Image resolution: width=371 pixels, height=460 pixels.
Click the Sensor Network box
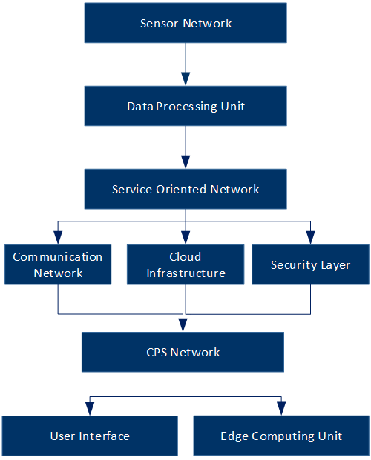pyautogui.click(x=185, y=23)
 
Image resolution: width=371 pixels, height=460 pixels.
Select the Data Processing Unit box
pyautogui.click(x=185, y=106)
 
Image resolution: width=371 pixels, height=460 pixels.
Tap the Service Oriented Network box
pyautogui.click(x=185, y=189)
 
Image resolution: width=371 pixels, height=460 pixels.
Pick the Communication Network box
pyautogui.click(x=58, y=264)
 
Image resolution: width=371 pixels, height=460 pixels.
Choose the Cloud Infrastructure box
pyautogui.click(x=185, y=264)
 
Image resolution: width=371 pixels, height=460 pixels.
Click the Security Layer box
pyautogui.click(x=310, y=264)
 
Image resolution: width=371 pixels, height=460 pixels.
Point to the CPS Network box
pyautogui.click(x=183, y=352)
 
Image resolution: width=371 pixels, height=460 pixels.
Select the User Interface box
pyautogui.click(x=90, y=436)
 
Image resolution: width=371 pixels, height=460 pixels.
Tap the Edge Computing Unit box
pyautogui.click(x=281, y=436)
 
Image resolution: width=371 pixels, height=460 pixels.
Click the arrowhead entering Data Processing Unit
pyautogui.click(x=185, y=79)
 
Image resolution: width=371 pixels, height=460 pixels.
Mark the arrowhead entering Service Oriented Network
pyautogui.click(x=185, y=162)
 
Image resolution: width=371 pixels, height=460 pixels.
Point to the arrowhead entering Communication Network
pyautogui.click(x=58, y=238)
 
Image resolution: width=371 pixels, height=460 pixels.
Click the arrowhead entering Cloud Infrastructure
pyautogui.click(x=185, y=238)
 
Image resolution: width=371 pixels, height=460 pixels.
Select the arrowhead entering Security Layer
pyautogui.click(x=310, y=238)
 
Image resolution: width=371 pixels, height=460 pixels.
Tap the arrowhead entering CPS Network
pyautogui.click(x=183, y=325)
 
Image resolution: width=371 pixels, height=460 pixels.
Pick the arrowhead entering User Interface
pyautogui.click(x=90, y=409)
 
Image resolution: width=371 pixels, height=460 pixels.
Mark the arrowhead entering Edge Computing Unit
pyautogui.click(x=281, y=409)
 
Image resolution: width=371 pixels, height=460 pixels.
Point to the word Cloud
pyautogui.click(x=185, y=257)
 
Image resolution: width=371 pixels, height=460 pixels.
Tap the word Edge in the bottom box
pyautogui.click(x=234, y=436)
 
